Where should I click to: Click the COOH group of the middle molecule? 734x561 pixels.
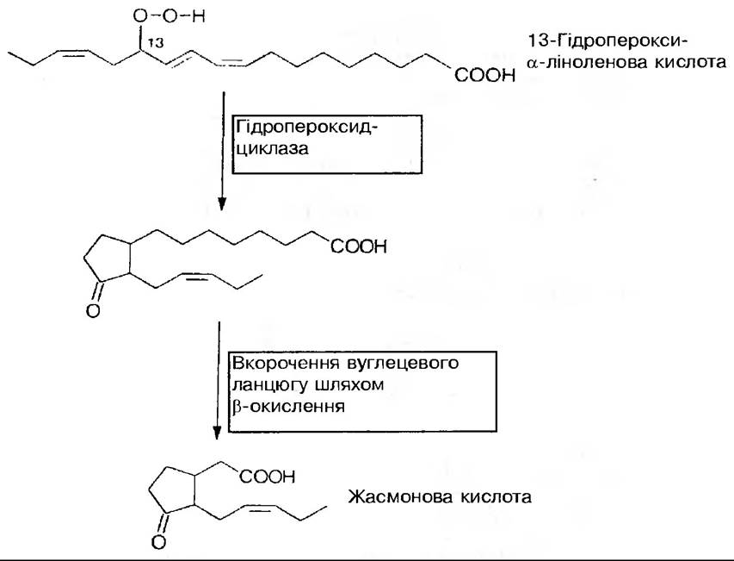355,247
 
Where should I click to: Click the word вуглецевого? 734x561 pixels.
389,364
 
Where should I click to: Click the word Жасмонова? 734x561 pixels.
393,497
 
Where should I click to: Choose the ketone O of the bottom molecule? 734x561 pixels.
158,541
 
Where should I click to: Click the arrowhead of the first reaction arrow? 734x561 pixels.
222,204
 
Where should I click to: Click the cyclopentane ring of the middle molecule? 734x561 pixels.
110,255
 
